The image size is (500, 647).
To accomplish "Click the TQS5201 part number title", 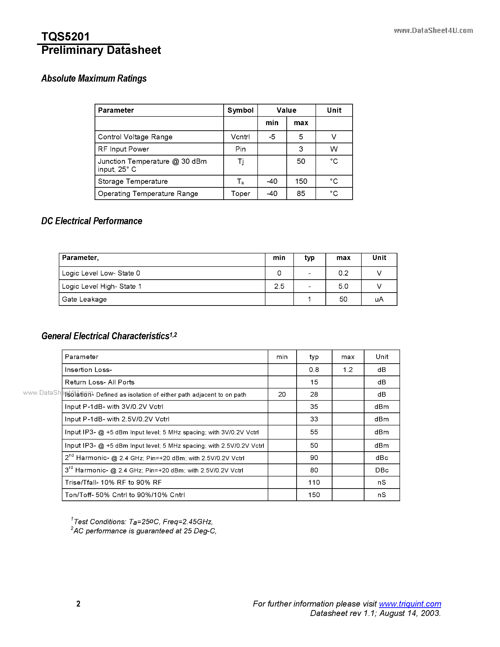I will point(65,37).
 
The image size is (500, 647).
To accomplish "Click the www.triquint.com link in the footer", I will point(410,603).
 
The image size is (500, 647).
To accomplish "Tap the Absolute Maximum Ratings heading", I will point(94,79).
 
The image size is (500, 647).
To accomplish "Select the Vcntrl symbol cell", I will point(240,137).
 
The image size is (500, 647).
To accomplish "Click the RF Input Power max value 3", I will point(301,149).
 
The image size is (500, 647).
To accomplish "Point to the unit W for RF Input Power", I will point(334,149).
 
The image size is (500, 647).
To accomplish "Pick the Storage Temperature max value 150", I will point(301,181).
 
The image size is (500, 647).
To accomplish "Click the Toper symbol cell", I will point(240,193).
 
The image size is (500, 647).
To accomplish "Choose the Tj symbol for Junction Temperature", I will point(240,161).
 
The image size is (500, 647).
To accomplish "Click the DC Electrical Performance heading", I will point(92,221).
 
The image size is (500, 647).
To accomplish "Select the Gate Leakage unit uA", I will point(379,299).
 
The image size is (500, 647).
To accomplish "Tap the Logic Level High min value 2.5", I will point(279,286).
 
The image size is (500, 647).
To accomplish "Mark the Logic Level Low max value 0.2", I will point(343,273).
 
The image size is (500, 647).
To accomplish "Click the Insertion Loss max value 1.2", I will point(348,370).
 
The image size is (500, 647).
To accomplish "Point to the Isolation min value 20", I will point(282,394).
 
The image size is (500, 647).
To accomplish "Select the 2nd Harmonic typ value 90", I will point(314,458).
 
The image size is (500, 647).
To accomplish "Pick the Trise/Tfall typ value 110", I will point(314,482).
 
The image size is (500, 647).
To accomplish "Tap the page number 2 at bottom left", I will point(78,604).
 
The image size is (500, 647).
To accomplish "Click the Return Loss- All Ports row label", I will point(100,382).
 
